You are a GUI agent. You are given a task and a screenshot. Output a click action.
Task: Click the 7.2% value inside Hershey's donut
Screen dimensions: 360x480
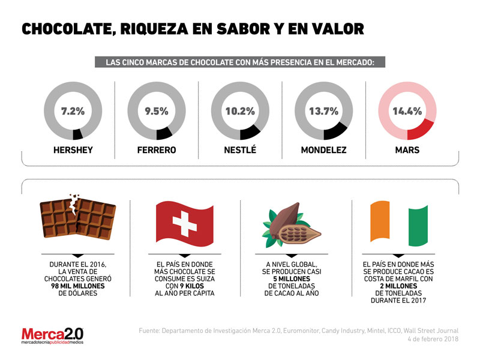[x=73, y=111]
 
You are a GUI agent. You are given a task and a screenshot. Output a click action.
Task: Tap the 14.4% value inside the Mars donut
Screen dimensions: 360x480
[x=407, y=111]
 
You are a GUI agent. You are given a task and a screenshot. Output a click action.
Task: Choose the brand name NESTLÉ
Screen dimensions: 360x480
[x=240, y=150]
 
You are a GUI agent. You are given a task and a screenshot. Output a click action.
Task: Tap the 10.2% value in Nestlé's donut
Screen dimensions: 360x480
[x=240, y=111]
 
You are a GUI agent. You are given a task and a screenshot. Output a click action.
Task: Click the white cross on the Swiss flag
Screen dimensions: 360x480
[x=184, y=225]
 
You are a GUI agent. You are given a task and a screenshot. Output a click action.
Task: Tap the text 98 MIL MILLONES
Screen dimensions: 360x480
[x=77, y=287]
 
